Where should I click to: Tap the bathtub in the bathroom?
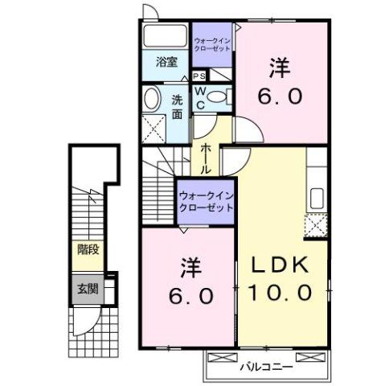pyautogui.click(x=166, y=37)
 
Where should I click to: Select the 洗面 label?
pyautogui.click(x=177, y=107)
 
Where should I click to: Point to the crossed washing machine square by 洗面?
pyautogui.click(x=152, y=126)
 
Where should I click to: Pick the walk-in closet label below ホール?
pyautogui.click(x=206, y=199)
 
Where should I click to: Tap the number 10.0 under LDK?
pyautogui.click(x=281, y=294)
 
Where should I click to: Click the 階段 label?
pyautogui.click(x=88, y=249)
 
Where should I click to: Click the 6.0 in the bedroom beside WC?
pyautogui.click(x=281, y=96)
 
